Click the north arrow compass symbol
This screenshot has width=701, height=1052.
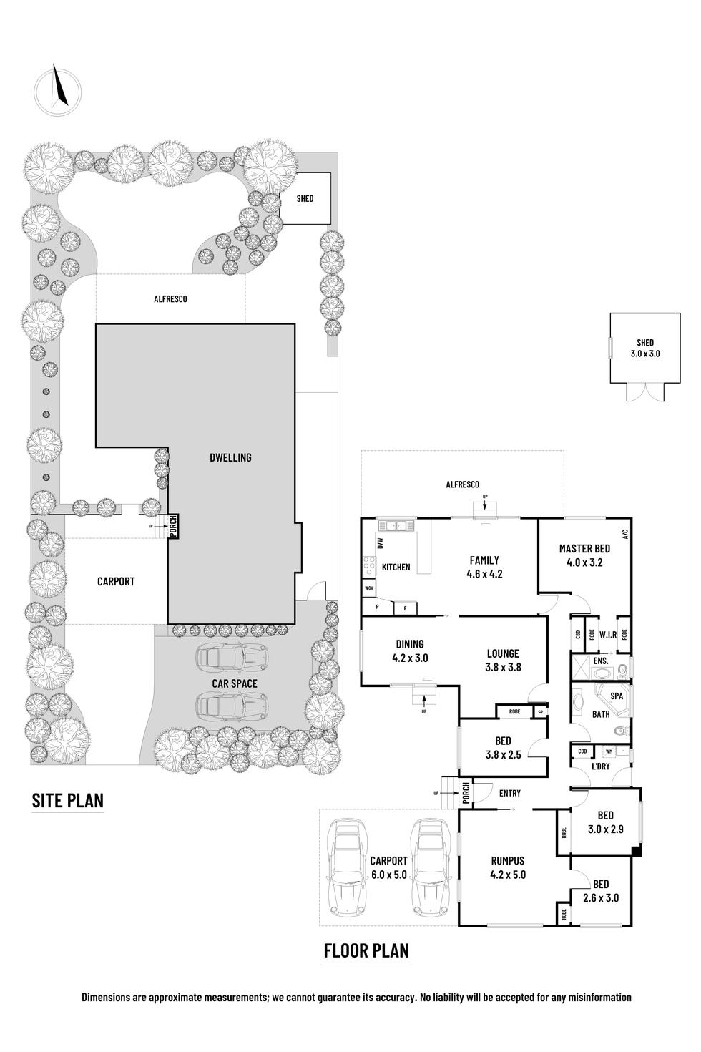[58, 91]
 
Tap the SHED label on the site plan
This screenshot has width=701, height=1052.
[305, 199]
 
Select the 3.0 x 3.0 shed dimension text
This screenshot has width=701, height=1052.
[645, 354]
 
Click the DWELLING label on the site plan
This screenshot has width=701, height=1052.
[230, 457]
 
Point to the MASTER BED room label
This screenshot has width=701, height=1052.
[584, 548]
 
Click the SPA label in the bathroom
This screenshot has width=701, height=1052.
[617, 696]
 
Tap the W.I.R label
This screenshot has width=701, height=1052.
[608, 635]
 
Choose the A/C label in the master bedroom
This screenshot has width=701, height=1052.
[624, 534]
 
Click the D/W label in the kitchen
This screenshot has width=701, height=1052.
[381, 543]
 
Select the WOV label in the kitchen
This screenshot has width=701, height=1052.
[368, 588]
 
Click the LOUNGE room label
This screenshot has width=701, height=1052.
[503, 653]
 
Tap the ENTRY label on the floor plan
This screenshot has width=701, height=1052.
[510, 793]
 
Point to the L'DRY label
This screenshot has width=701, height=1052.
[601, 766]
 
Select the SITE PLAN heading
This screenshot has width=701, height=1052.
[68, 800]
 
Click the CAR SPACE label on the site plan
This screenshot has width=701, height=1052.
[235, 684]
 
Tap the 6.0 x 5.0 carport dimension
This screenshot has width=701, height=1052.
[388, 875]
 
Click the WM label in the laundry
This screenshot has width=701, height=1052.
[609, 751]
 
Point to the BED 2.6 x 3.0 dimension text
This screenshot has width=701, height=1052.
[601, 898]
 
